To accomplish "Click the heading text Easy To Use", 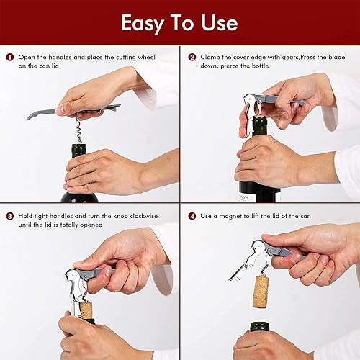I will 179,23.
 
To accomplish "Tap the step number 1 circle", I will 10,57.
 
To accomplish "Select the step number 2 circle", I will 192,57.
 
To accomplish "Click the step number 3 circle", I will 10,215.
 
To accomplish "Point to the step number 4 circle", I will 192,215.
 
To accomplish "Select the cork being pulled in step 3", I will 86,310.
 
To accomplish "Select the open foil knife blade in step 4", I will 239,272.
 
